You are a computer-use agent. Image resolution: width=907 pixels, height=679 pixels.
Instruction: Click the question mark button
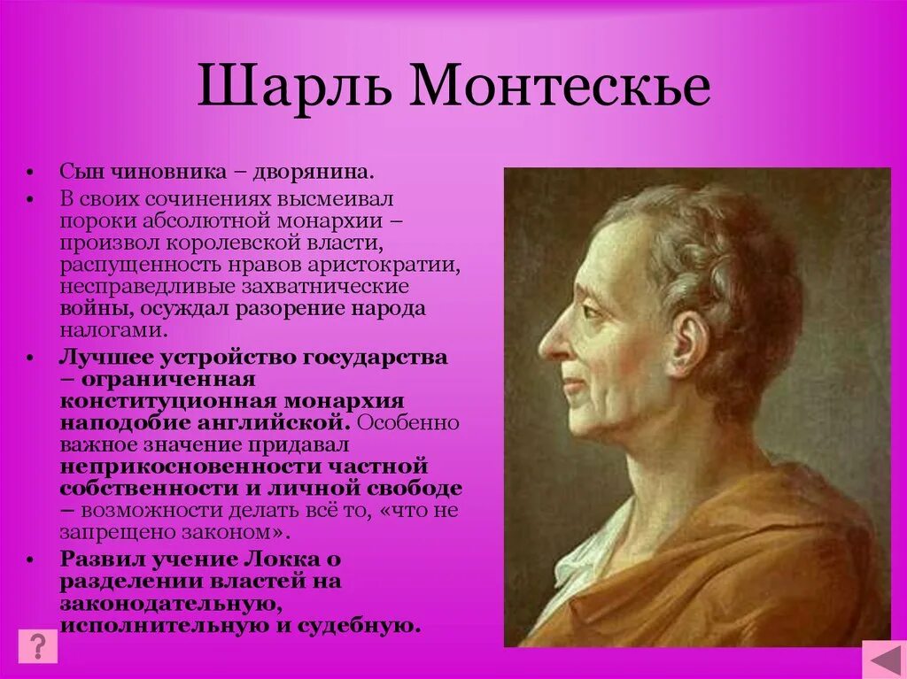click(x=37, y=645)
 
